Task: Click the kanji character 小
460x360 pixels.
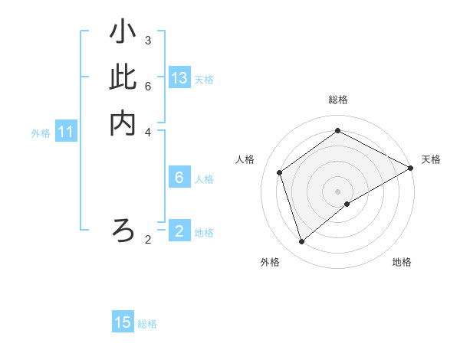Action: point(123,33)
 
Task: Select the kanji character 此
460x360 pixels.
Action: point(123,78)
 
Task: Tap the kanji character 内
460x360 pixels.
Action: point(123,123)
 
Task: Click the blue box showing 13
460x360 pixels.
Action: point(179,78)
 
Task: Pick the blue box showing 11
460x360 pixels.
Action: point(66,133)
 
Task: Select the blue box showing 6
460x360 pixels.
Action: point(179,178)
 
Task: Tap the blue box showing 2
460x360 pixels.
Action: point(179,231)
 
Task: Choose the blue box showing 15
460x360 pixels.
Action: point(123,322)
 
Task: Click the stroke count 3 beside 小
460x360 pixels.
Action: point(148,40)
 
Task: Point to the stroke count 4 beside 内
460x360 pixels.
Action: point(148,131)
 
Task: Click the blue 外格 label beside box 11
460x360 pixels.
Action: point(41,133)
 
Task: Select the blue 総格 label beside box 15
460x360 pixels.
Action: point(147,324)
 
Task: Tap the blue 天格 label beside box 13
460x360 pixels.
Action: point(204,80)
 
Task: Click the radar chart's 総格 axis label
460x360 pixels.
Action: point(338,100)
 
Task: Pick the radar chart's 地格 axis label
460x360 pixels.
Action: point(402,263)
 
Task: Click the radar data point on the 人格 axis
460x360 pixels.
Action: point(281,172)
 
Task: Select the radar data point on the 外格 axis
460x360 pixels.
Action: point(302,242)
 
